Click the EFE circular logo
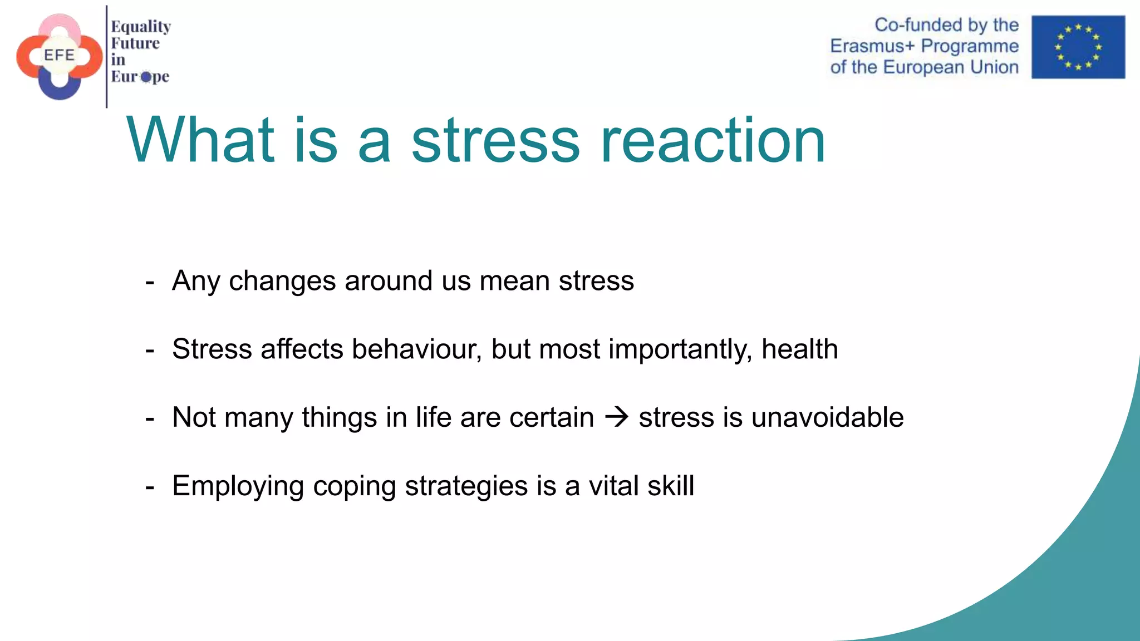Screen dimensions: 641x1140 click(x=60, y=56)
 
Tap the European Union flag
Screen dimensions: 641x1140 click(x=1078, y=47)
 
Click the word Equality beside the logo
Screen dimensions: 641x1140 click(x=141, y=27)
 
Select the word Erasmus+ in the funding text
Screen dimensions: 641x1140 click(x=872, y=46)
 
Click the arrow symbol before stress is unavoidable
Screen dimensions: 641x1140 click(x=617, y=417)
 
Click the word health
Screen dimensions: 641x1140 click(x=799, y=349)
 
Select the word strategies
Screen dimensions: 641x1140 click(x=466, y=486)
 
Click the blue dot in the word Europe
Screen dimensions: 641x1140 click(x=146, y=77)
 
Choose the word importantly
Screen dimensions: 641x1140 click(x=680, y=349)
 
